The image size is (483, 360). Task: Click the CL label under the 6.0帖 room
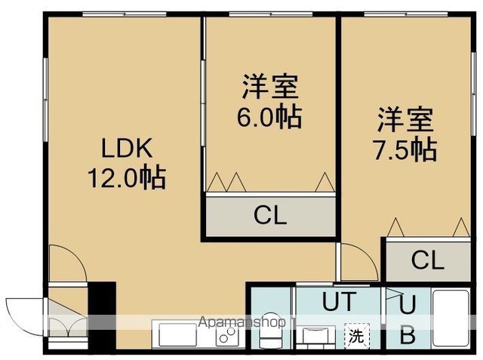269,217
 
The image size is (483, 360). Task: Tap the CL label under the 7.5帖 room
428,260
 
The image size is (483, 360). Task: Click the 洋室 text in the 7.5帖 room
405,119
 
